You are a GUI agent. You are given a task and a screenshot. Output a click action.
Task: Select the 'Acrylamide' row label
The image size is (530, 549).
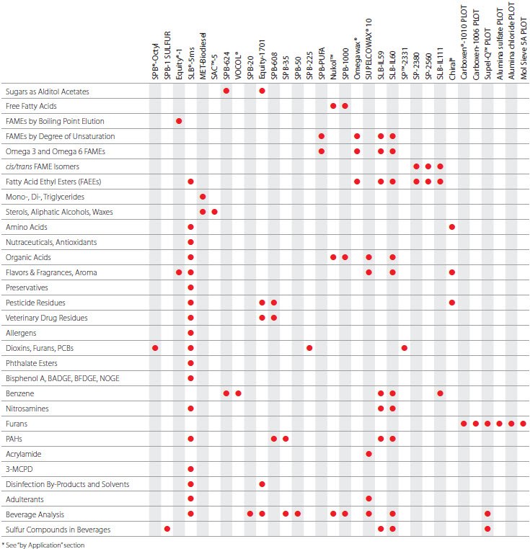[24, 454]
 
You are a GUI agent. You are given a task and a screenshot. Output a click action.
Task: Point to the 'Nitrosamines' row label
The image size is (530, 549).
[27, 409]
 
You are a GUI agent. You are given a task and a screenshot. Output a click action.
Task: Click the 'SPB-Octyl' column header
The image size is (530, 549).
[155, 61]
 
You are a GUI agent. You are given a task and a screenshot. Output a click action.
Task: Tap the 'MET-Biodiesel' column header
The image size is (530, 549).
[203, 55]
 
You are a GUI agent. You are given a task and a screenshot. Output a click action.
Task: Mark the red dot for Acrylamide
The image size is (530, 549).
[368, 454]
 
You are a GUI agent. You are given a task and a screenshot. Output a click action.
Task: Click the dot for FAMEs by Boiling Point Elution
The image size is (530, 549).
[179, 121]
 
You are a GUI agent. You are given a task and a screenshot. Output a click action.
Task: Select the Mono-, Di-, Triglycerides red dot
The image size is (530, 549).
[203, 197]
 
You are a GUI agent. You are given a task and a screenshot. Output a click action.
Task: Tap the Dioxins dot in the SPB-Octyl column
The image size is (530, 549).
[155, 348]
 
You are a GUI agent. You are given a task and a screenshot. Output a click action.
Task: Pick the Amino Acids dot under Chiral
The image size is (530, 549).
[451, 227]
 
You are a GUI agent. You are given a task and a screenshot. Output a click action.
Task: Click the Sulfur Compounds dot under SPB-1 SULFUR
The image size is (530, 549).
[167, 530]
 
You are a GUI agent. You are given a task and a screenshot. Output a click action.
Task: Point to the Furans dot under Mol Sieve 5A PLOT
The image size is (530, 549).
[523, 424]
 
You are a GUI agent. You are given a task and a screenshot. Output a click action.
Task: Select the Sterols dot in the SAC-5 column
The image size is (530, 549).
[214, 212]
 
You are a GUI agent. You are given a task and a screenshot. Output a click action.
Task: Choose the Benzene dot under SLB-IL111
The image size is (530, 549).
[440, 393]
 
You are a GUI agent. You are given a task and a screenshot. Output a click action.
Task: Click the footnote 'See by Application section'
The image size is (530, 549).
[43, 545]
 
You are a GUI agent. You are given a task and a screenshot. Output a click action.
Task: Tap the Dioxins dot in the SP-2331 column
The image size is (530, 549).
[404, 348]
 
